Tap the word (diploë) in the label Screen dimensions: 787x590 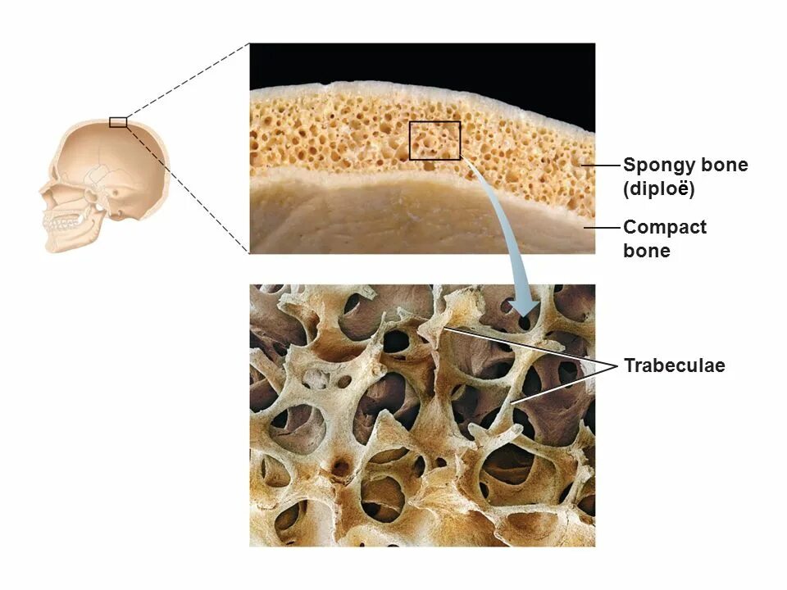point(658,189)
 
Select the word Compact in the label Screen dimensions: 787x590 point(664,227)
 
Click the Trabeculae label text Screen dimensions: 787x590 point(674,365)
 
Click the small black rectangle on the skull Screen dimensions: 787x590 point(118,122)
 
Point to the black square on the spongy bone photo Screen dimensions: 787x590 point(434,140)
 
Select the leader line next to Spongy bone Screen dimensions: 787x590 point(603,165)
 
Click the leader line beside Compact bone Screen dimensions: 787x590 point(603,226)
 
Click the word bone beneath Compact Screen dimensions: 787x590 point(646,251)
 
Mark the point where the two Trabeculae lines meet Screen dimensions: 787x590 point(616,365)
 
